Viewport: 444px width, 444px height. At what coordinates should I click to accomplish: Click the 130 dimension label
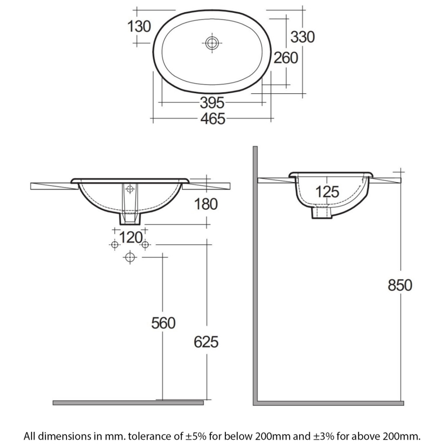tap(139, 26)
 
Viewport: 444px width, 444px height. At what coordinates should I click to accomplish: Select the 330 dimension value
tap(303, 37)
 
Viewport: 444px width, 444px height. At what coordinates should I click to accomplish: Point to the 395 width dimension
tap(211, 103)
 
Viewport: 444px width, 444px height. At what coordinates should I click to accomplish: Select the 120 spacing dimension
tap(130, 237)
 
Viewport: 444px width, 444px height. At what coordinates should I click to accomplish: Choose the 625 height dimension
tap(206, 342)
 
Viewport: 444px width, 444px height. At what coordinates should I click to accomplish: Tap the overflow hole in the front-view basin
tap(130, 189)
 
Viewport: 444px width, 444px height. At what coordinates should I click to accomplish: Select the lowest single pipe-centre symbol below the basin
tap(130, 256)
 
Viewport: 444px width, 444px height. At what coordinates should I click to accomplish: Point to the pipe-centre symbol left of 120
tap(114, 244)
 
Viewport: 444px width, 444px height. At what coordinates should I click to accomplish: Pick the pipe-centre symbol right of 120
tap(145, 244)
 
